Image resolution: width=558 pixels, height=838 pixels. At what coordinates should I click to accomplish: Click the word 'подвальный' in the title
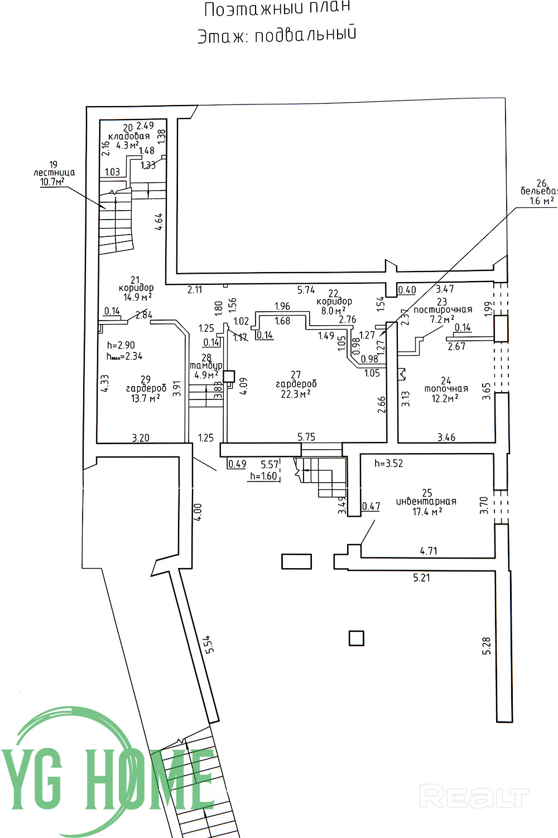tap(305, 34)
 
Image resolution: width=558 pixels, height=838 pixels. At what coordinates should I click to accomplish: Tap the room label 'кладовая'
tap(129, 136)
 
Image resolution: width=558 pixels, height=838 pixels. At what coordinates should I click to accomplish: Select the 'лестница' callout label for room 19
tap(54, 173)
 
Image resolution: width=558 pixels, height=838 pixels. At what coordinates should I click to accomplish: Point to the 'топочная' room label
tap(446, 389)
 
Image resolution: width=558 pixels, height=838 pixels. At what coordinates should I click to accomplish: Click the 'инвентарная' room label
tap(426, 501)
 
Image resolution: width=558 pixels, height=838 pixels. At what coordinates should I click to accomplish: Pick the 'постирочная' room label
tap(442, 310)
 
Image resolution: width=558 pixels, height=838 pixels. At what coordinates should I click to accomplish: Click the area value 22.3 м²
tap(296, 394)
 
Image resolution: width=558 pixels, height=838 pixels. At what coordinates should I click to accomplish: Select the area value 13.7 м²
tap(146, 398)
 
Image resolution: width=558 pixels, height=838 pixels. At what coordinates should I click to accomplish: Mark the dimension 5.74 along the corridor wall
tap(306, 290)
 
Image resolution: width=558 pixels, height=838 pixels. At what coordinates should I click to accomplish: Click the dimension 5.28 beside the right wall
tap(487, 645)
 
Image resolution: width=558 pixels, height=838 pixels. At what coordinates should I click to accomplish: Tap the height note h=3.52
tap(388, 463)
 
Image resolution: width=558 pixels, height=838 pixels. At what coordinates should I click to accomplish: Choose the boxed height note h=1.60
tap(263, 476)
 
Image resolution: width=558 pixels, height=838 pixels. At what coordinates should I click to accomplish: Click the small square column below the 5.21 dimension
tap(356, 638)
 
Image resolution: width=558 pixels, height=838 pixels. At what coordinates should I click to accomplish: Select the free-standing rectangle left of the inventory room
tap(296, 561)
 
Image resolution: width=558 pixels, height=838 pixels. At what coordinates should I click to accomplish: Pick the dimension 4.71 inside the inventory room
tap(428, 551)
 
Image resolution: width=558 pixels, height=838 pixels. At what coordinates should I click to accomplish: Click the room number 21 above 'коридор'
tap(134, 279)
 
